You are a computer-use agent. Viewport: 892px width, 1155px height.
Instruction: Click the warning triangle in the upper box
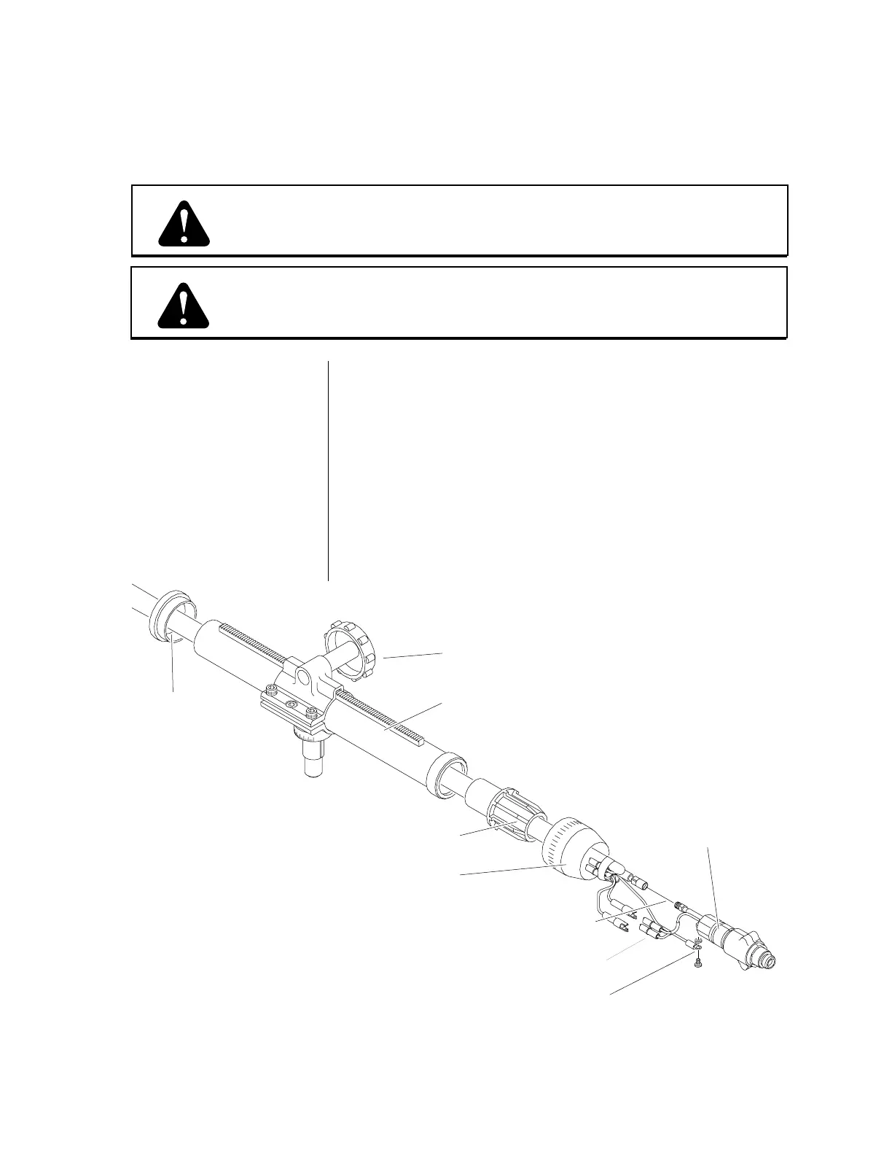tap(184, 222)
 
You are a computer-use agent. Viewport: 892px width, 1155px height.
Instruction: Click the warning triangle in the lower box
tap(184, 305)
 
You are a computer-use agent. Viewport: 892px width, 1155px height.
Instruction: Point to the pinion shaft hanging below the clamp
tap(312, 758)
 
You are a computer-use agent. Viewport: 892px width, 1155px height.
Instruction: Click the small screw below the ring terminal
tap(697, 964)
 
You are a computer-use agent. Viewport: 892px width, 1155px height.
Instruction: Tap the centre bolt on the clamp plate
tap(292, 704)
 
